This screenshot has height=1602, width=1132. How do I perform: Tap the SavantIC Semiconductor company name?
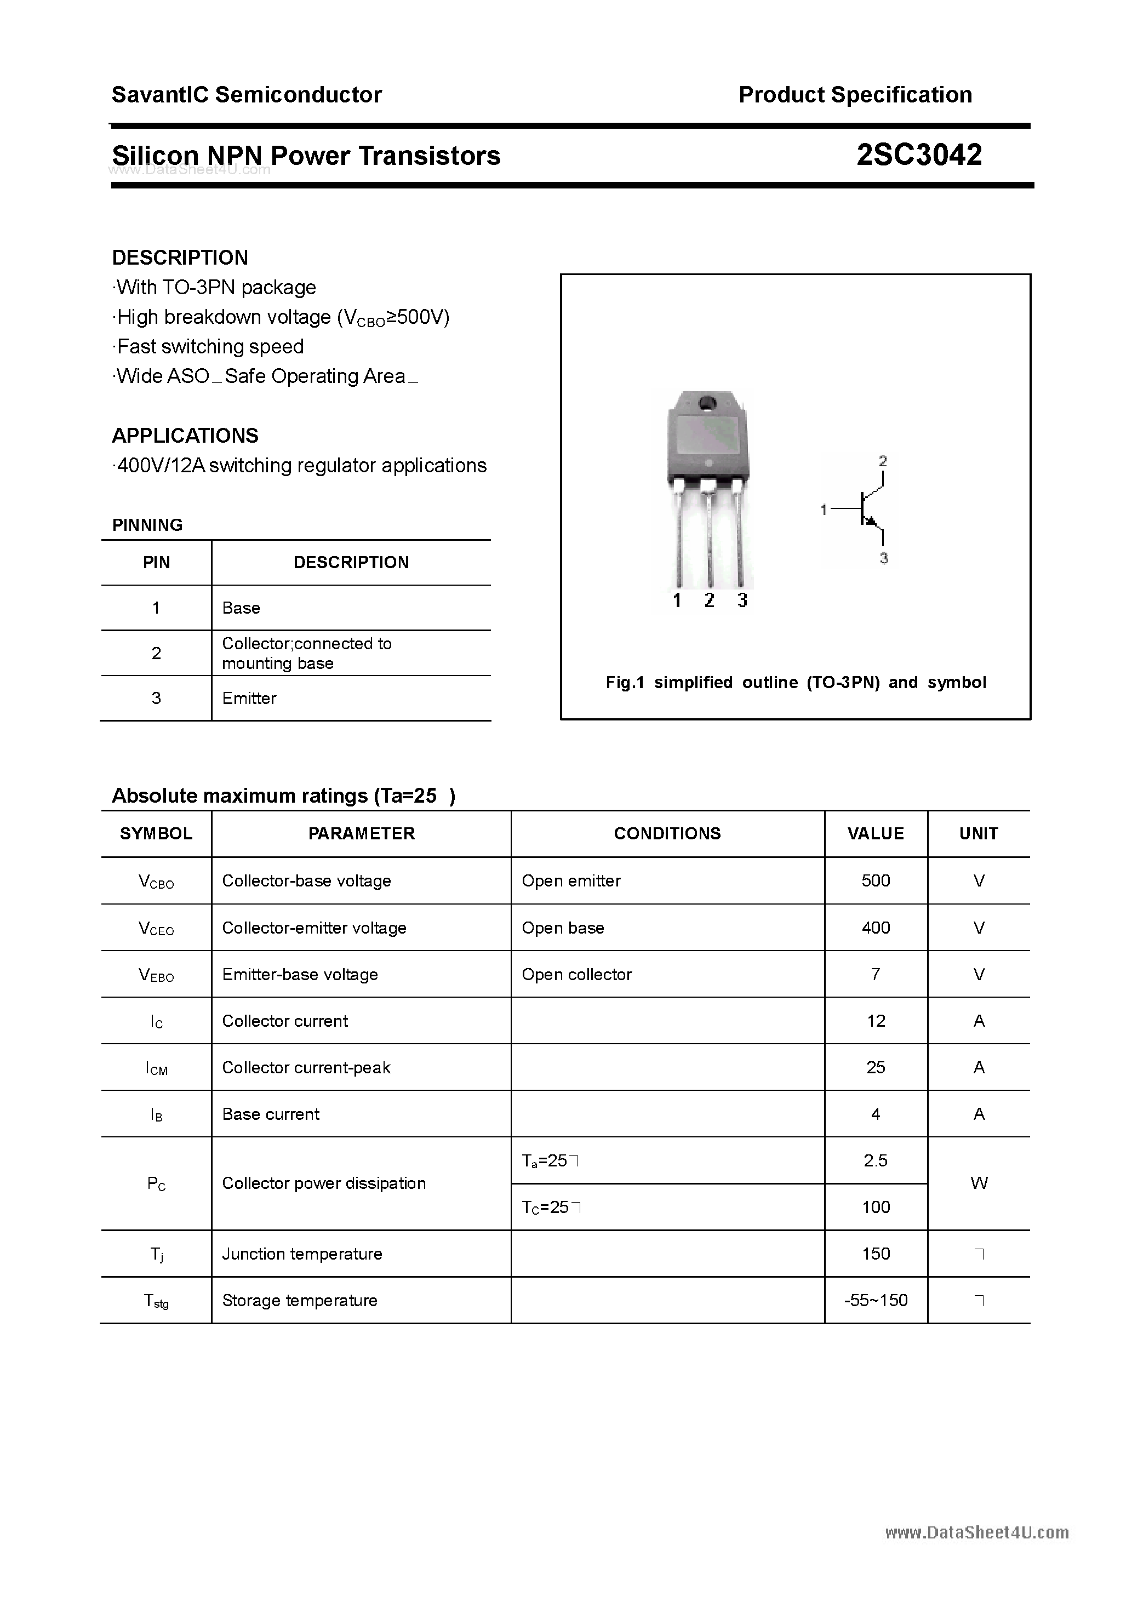(x=247, y=95)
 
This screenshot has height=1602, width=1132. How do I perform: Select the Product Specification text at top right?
(x=855, y=95)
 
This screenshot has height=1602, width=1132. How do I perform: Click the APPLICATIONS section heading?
(x=185, y=436)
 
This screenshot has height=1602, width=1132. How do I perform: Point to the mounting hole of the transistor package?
(x=707, y=403)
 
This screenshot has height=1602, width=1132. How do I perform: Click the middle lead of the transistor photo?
(x=709, y=537)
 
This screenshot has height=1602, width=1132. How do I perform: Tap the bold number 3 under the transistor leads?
(x=742, y=600)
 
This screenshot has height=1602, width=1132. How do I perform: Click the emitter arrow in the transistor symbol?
(x=870, y=520)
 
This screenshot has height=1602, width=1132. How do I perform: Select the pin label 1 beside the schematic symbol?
(x=824, y=510)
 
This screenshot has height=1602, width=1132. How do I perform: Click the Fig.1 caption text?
(x=796, y=683)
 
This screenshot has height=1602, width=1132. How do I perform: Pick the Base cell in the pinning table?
(x=241, y=608)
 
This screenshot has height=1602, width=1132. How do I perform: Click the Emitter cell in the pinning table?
(x=249, y=699)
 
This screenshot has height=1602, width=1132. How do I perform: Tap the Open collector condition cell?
(x=576, y=974)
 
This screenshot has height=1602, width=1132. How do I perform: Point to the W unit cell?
(x=979, y=1183)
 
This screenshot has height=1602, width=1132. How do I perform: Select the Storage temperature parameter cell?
(x=299, y=1300)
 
